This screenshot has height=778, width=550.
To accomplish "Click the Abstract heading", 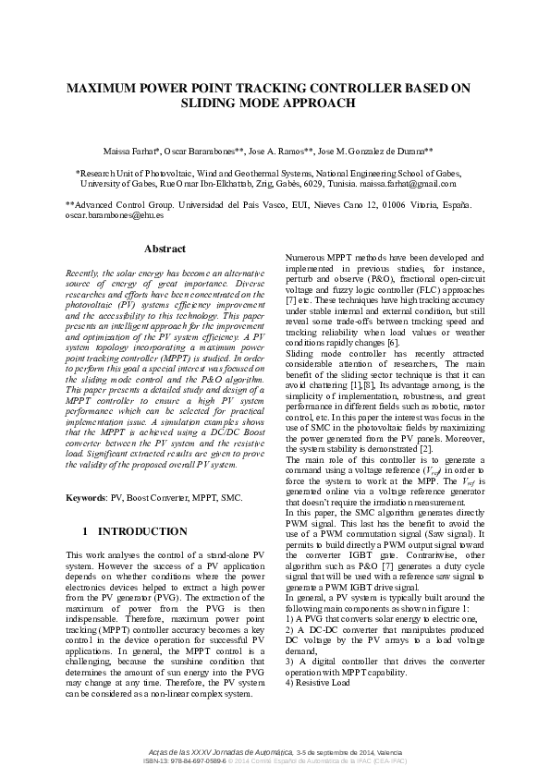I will [x=165, y=249].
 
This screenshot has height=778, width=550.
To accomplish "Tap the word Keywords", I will [x=86, y=498].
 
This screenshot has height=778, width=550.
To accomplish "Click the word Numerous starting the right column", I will [x=306, y=256].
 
